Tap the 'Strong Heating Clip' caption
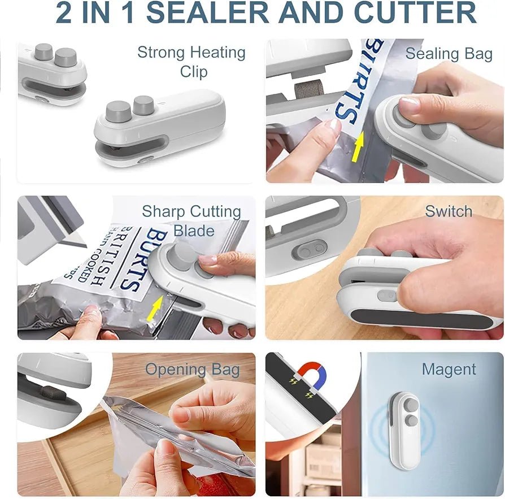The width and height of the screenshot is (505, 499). [x=191, y=62]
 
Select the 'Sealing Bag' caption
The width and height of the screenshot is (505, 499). [x=449, y=54]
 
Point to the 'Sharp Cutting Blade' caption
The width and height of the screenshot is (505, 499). [x=191, y=220]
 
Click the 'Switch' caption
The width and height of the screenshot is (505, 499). [x=449, y=211]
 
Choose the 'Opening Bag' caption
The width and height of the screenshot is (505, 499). [x=192, y=370]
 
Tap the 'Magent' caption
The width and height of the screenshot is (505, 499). [x=449, y=370]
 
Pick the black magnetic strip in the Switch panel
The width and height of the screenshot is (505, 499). [x=420, y=317]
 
